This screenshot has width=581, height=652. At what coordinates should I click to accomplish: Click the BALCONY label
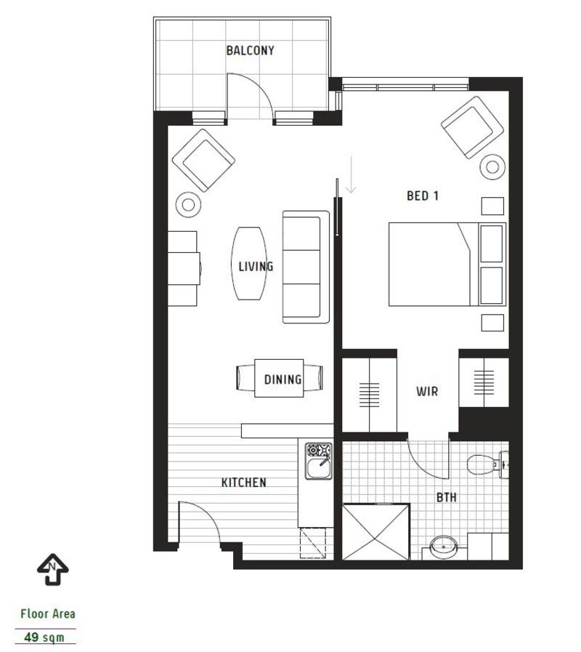(249, 51)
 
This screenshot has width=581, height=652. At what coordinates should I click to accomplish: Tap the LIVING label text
(256, 266)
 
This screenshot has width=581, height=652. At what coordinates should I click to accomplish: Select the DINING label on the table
(283, 379)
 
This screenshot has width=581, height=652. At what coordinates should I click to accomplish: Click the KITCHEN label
(243, 482)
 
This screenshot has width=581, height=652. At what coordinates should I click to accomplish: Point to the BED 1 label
(422, 195)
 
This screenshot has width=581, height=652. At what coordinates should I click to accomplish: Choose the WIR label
(427, 391)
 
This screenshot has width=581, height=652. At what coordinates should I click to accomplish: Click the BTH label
(446, 498)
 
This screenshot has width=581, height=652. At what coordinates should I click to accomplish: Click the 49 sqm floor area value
(44, 637)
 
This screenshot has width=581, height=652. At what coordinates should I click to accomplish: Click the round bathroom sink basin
(441, 547)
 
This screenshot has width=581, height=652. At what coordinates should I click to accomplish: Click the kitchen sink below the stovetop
(317, 470)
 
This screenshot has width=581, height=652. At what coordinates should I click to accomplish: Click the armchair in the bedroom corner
(473, 126)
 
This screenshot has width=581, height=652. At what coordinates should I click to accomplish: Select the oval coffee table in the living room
(248, 264)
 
